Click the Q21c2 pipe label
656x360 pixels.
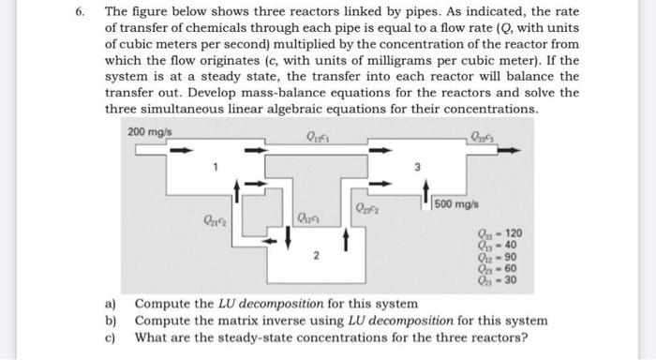[214, 221]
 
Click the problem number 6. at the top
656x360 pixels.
[82, 12]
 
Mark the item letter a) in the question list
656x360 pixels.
[110, 304]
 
